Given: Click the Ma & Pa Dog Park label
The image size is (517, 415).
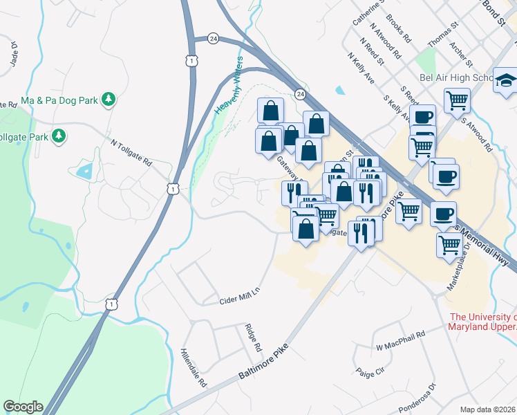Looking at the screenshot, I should pos(60,100).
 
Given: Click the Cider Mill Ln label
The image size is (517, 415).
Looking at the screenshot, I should pos(239,295).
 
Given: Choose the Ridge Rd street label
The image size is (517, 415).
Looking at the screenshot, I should pos(253,336).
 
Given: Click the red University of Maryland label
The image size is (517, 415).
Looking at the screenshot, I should pos(482,322).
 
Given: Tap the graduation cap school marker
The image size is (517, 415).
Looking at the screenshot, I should pos(505,82).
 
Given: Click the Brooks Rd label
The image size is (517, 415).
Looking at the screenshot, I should pos(400,27).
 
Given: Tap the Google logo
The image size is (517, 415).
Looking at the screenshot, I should pos(23,407).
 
